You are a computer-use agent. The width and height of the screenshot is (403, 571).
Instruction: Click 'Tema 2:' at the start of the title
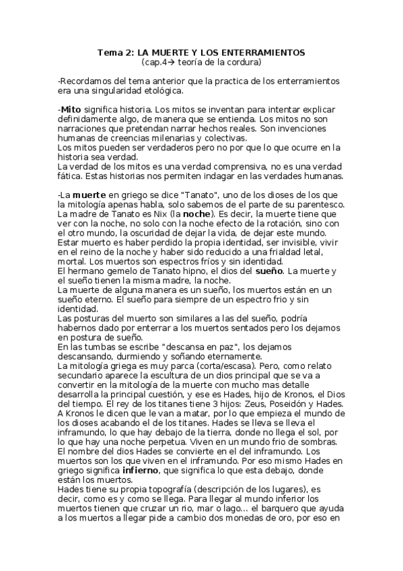[x=114, y=52]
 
